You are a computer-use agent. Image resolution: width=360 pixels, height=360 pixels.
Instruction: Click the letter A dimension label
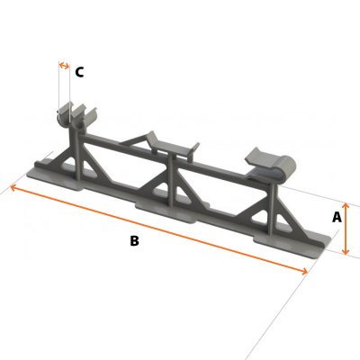337,217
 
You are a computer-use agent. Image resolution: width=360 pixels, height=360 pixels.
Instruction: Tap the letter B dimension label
134,241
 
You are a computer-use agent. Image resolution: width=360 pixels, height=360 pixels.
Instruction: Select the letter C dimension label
79,72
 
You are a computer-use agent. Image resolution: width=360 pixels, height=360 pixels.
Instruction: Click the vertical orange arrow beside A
346,229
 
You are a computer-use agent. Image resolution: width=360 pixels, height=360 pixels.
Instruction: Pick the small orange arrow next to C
64,66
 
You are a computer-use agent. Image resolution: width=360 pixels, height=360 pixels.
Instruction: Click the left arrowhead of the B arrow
13,186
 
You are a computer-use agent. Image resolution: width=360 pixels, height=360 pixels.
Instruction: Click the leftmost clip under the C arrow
72,116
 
